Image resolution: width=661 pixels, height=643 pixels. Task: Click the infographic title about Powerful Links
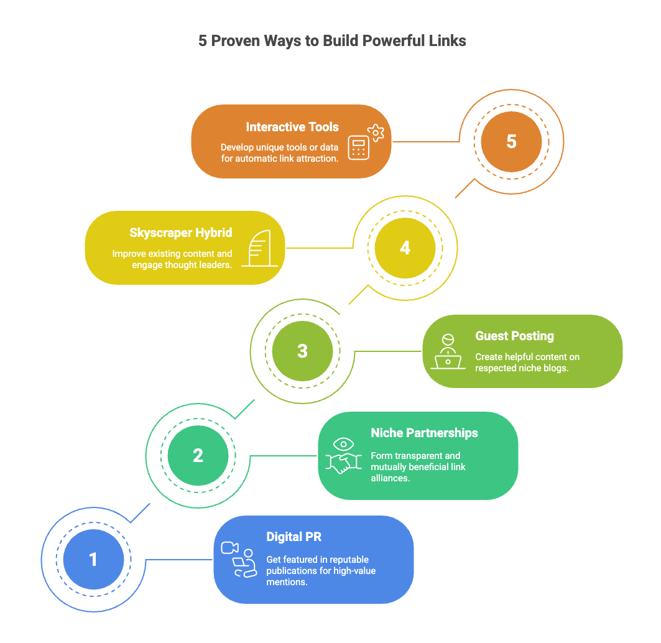click(332, 41)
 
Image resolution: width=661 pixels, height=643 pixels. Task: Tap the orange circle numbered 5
click(511, 142)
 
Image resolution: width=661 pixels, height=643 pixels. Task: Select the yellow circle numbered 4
click(405, 248)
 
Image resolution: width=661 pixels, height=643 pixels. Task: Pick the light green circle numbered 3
click(302, 351)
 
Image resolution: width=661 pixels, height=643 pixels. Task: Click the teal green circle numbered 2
click(198, 455)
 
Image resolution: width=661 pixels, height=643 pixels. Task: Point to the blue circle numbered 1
click(94, 560)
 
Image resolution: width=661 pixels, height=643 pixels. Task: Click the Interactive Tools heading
click(292, 127)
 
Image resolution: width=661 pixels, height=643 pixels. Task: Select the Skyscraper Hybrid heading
click(181, 233)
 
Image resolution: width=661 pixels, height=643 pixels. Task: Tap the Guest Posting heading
click(514, 336)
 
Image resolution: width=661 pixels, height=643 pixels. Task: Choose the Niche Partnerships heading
click(424, 433)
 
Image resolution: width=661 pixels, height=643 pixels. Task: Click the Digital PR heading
click(294, 537)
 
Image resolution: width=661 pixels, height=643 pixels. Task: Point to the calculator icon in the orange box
click(358, 147)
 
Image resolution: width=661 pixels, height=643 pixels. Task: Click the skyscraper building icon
click(260, 248)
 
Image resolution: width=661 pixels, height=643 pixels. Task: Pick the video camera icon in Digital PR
click(230, 548)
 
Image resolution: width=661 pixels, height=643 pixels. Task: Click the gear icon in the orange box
click(376, 133)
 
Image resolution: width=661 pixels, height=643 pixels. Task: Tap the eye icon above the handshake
click(344, 444)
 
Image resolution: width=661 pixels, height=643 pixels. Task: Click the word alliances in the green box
click(390, 478)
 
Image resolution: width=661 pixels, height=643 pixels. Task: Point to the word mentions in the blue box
click(287, 582)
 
